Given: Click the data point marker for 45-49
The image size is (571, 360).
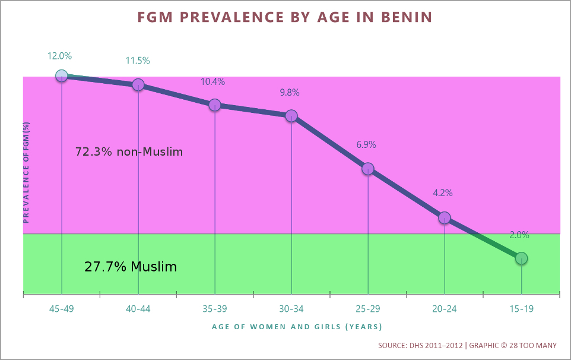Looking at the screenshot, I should coord(62,75).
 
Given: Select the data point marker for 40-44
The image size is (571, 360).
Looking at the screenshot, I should coord(138,84).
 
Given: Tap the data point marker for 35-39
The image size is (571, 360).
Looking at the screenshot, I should coord(215,105).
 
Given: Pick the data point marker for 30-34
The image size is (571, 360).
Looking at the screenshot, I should coord(291,116).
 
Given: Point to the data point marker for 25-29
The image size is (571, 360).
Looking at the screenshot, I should coord(368,169).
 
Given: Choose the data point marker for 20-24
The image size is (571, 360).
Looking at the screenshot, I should coord(445,217).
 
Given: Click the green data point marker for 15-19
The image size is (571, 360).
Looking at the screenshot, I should coord(521,258).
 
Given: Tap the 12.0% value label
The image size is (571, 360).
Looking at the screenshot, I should coord(60,56).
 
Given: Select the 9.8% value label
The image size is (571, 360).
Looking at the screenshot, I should coord(290,93).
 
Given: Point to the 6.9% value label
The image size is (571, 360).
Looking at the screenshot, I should coord(366,144).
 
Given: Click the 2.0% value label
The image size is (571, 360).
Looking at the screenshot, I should coord(519,235).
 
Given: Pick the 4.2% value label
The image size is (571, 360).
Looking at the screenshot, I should coord(443,192).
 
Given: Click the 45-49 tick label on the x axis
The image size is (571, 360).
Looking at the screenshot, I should coord(62,309).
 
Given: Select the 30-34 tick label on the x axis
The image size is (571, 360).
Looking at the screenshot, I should coord(291,309).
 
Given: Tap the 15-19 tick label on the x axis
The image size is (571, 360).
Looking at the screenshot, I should coord(521,309).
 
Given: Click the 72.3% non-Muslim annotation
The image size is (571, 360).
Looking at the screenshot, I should coord(129,151).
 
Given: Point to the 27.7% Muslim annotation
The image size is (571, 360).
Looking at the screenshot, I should coord(131,267).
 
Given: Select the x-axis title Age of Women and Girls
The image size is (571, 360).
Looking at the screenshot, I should coord(297,327).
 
